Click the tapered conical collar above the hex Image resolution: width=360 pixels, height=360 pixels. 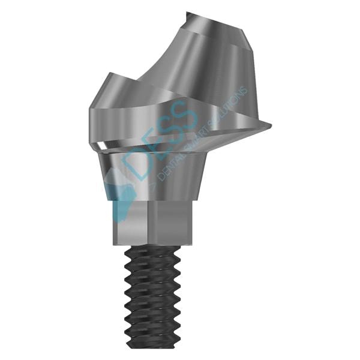(x=156, y=174)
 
